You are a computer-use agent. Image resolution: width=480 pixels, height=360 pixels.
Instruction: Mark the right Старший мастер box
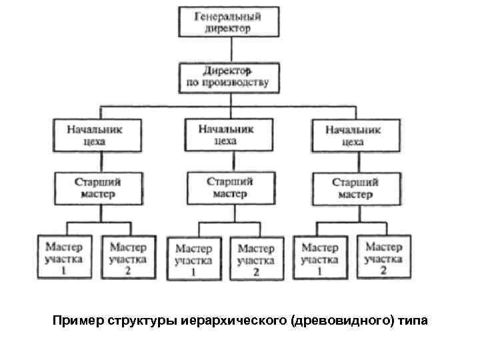355,187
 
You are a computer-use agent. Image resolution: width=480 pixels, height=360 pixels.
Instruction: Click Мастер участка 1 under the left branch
64,256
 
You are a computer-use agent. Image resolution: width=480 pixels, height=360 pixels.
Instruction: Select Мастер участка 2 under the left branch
128,256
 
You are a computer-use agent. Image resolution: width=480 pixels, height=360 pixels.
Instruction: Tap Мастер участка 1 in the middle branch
193,257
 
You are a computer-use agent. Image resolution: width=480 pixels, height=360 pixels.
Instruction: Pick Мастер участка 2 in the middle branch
256,257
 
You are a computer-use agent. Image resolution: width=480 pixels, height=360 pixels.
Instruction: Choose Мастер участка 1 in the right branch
320,256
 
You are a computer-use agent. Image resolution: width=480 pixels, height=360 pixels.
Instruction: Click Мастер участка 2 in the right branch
383,256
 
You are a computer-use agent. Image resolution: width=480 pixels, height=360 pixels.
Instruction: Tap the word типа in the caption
414,321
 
